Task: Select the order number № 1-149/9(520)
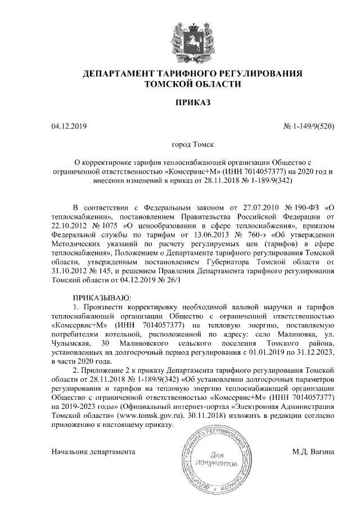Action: click(x=309, y=127)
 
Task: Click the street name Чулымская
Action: click(x=74, y=343)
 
